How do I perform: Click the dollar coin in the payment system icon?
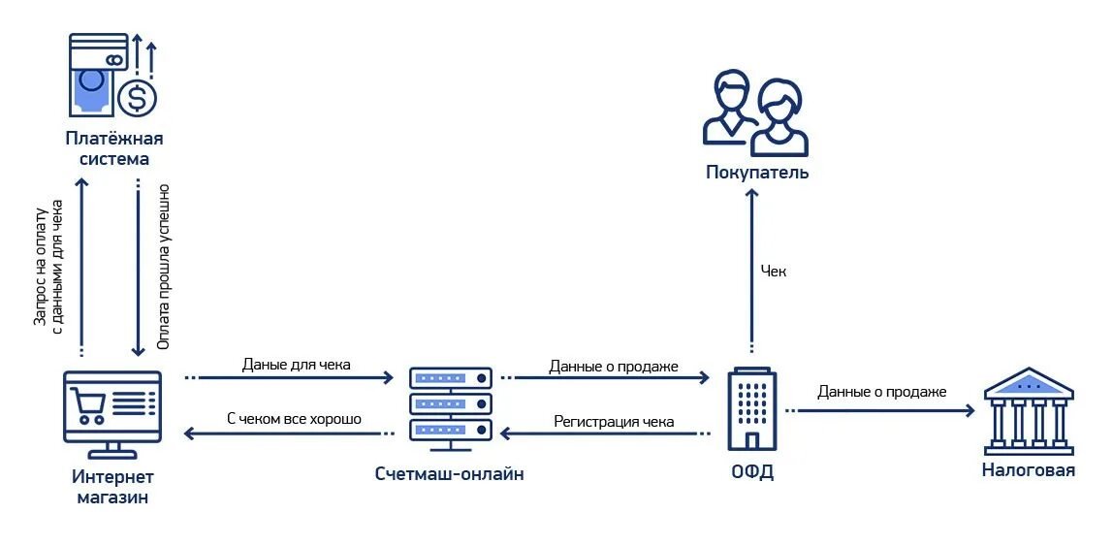(137, 98)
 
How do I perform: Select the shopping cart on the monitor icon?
(89, 403)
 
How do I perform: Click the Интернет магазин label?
(112, 487)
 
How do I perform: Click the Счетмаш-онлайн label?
(450, 474)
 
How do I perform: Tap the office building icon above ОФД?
(750, 407)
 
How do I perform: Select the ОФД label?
(752, 474)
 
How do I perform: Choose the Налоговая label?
(1029, 471)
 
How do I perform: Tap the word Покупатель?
(756, 174)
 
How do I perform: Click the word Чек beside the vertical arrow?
(774, 272)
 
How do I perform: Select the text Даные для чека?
(296, 366)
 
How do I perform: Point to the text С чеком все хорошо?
(294, 419)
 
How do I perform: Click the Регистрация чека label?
(614, 422)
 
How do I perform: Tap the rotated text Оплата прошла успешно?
(163, 273)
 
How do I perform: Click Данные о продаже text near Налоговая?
(881, 392)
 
